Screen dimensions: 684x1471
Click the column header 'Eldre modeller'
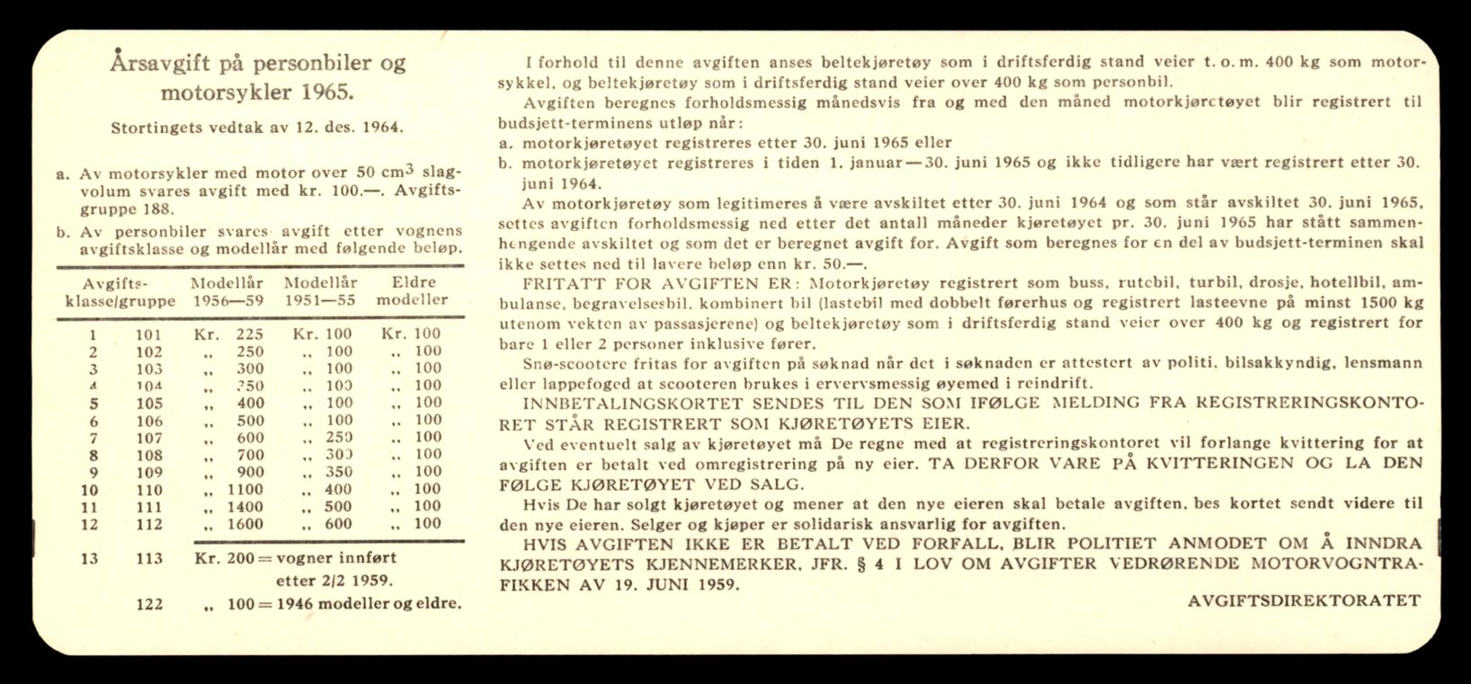pos(411,291)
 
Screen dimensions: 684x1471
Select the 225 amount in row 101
pos(249,334)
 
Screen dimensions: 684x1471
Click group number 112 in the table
pos(149,524)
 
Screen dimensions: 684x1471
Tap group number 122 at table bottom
pos(149,604)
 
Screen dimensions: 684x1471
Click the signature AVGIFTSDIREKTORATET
pos(1304,601)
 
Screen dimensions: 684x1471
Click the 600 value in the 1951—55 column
pos(338,524)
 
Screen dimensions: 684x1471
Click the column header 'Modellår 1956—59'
pos(227,291)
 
